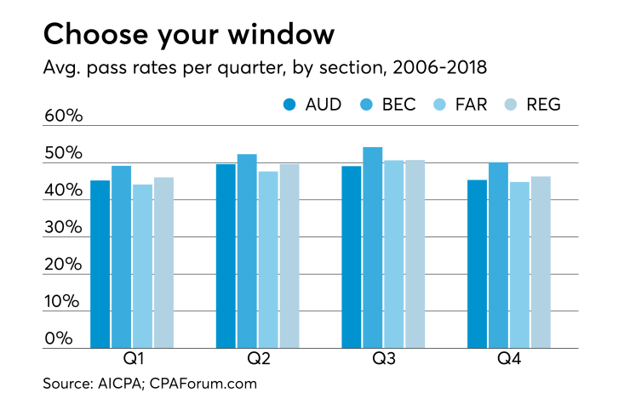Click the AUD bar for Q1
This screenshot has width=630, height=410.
(x=100, y=265)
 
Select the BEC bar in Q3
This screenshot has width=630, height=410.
(x=371, y=248)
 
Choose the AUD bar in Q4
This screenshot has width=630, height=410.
(x=477, y=264)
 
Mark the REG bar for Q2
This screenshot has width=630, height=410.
(x=289, y=256)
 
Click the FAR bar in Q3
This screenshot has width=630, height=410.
(x=392, y=254)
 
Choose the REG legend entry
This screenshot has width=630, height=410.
(x=535, y=105)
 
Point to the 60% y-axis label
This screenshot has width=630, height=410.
(x=63, y=117)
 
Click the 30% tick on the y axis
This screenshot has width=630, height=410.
(x=63, y=228)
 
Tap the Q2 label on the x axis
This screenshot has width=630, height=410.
(x=257, y=360)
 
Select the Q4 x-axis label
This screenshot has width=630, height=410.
(x=509, y=360)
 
